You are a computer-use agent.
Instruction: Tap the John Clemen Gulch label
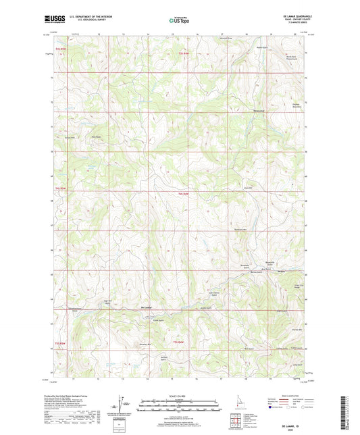(214, 295)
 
